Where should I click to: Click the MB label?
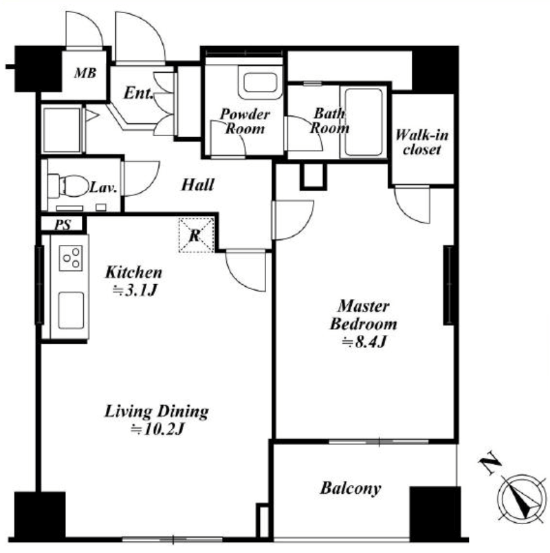pos(85,73)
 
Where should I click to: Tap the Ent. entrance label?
pos(139,93)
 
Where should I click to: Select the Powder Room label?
pos(245,121)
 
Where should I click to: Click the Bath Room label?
pos(329,120)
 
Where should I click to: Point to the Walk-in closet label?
pos(421,142)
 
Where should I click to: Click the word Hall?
pos(197,185)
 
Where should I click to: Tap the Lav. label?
pos(102,188)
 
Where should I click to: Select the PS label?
pos(63,225)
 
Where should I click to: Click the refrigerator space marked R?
pos(197,235)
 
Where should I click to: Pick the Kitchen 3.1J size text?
pos(134,281)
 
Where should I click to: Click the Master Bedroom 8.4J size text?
pos(364,324)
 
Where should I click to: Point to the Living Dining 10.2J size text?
pos(157,420)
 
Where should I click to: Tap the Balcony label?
pos(351,488)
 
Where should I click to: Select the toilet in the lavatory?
pos(68,186)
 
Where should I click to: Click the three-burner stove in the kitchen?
pos(71,258)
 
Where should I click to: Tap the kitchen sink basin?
pos(71,310)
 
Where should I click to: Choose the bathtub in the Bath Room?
pos(364,122)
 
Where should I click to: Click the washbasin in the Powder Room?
pos(260,83)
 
